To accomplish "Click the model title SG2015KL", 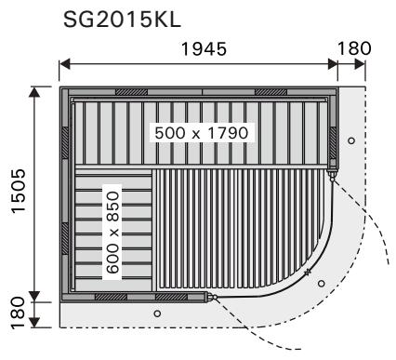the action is (122, 20).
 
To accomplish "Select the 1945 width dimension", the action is (204, 49).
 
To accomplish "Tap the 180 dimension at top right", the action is (354, 48).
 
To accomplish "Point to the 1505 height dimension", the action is (19, 191).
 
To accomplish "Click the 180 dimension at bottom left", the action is (19, 313).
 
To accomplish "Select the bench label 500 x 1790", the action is (202, 133).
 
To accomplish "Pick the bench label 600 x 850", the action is (112, 233).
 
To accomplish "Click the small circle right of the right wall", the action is (351, 140).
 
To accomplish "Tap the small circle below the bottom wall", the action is (157, 313).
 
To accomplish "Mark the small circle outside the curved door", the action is (322, 284).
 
